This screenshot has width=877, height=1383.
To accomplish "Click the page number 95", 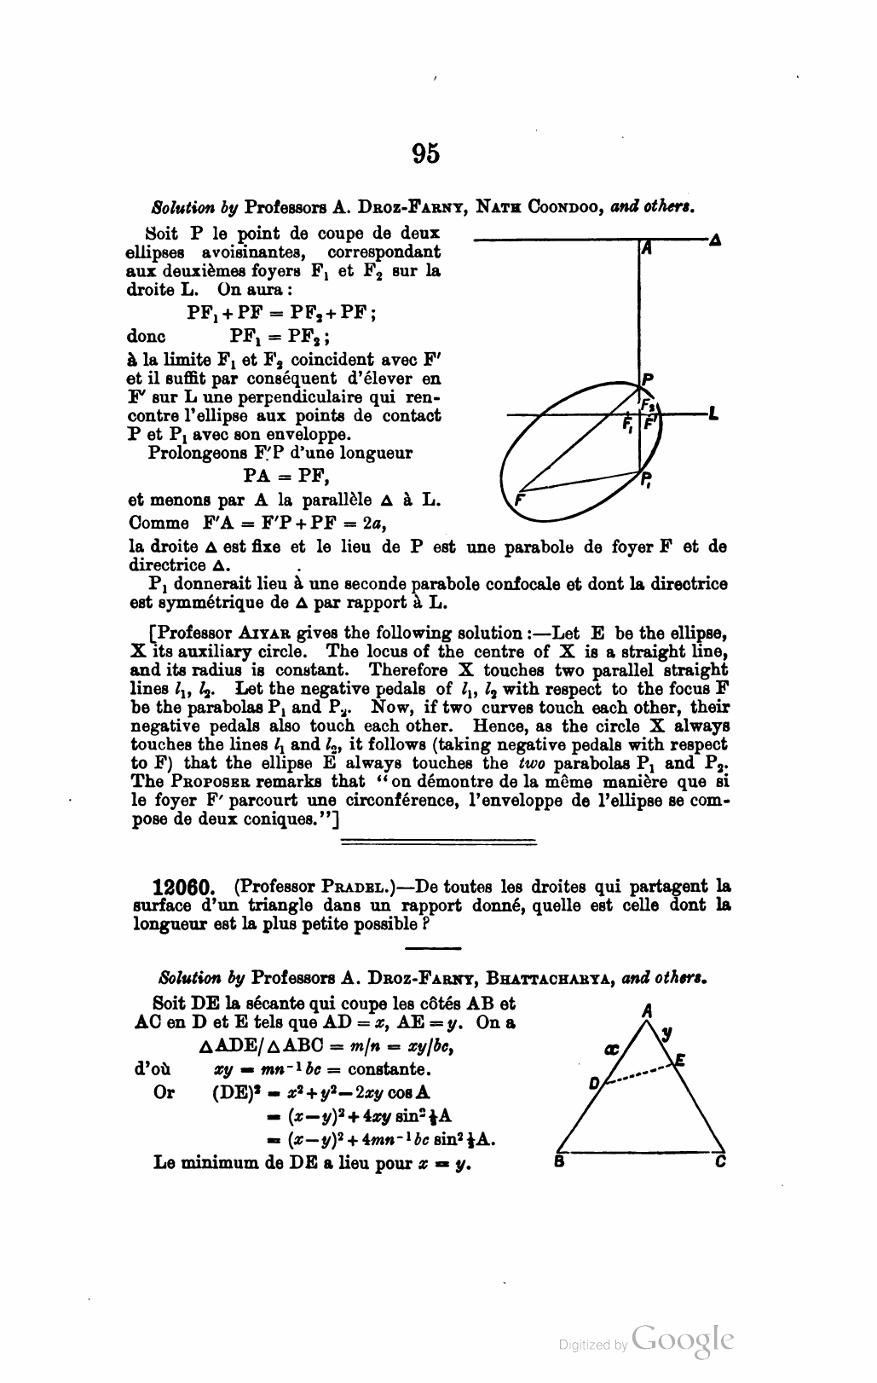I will [426, 153].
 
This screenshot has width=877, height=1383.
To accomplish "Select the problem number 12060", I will [188, 887].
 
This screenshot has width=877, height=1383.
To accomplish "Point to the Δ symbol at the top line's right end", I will [715, 240].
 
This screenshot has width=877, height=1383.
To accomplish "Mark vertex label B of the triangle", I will [558, 1160].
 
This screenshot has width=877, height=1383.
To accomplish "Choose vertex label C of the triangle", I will [720, 1160].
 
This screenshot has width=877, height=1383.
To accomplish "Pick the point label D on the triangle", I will [594, 1085].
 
